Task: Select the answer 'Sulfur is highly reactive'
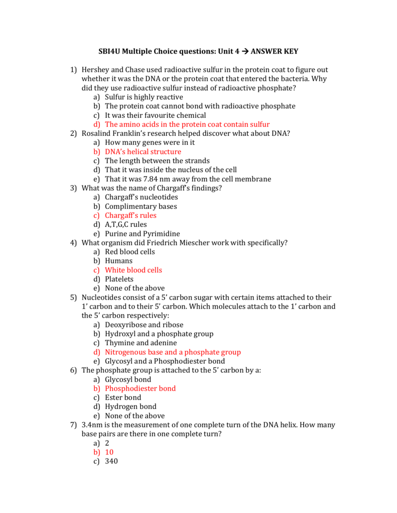(144, 97)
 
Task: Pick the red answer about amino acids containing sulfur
(187, 124)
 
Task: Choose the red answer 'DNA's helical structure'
(143, 152)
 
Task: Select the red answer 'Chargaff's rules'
(130, 215)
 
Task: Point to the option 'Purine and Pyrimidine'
(142, 234)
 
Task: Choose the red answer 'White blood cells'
(133, 270)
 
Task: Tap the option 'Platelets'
(119, 279)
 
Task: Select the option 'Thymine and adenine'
(141, 343)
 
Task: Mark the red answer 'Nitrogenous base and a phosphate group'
(173, 352)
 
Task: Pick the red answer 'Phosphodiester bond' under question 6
(140, 388)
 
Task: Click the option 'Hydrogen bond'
(130, 407)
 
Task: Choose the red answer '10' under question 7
(109, 452)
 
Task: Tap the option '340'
(111, 461)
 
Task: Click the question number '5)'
(73, 298)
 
